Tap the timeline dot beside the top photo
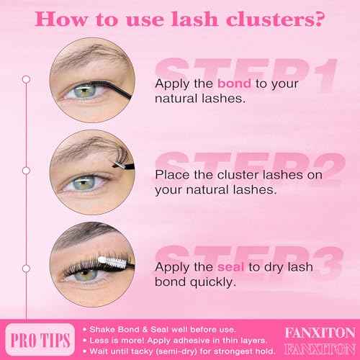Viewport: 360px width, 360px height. [26, 78]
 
